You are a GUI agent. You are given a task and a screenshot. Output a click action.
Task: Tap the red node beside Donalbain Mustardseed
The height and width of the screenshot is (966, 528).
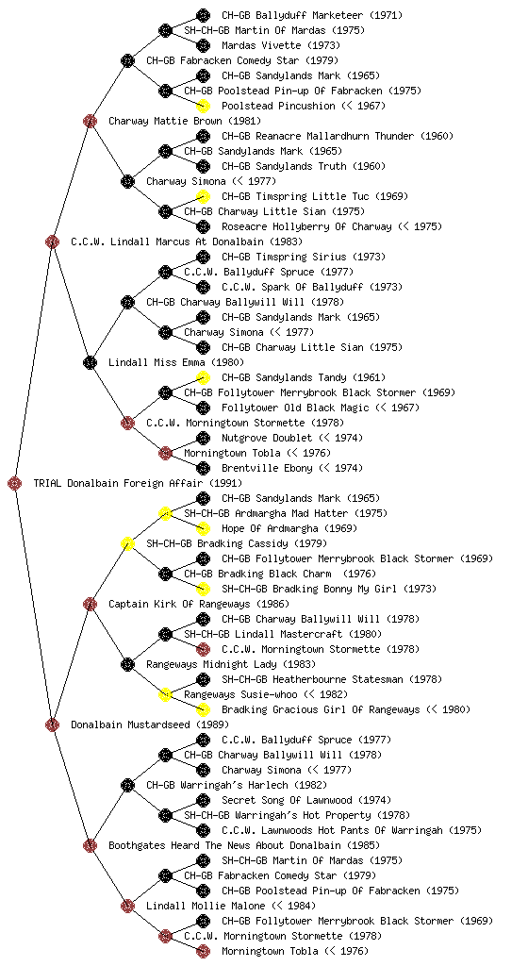click(52, 724)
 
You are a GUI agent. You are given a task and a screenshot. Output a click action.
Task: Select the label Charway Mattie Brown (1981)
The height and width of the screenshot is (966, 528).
click(185, 121)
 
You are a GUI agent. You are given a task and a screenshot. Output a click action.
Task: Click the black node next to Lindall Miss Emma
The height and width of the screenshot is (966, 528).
click(90, 362)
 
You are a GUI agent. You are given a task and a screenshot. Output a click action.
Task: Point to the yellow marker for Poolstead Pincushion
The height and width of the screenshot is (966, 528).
click(203, 106)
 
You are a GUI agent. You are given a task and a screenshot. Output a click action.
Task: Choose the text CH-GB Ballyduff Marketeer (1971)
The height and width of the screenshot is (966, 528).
click(312, 15)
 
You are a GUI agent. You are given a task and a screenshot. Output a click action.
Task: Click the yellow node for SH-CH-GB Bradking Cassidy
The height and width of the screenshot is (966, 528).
click(127, 543)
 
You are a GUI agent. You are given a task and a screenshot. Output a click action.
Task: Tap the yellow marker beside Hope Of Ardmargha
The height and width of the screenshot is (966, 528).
click(203, 528)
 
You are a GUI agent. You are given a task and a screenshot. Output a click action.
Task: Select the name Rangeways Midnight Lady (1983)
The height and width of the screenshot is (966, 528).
click(231, 664)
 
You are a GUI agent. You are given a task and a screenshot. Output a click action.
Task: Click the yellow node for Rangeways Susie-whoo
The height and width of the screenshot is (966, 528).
click(165, 694)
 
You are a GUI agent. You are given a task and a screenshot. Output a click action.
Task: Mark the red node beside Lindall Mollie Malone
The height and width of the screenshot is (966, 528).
click(127, 906)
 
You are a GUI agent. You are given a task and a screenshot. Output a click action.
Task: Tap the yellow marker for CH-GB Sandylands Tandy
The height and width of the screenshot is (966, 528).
click(203, 377)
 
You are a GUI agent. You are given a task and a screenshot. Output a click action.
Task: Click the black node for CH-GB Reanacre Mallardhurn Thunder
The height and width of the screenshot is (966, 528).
click(203, 136)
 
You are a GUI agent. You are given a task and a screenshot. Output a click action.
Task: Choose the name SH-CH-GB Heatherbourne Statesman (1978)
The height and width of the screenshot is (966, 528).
click(332, 679)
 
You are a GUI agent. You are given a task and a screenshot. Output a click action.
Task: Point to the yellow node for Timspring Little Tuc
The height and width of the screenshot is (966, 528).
click(203, 196)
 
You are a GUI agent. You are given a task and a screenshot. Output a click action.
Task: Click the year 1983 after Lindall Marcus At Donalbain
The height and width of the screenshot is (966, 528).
click(286, 241)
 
